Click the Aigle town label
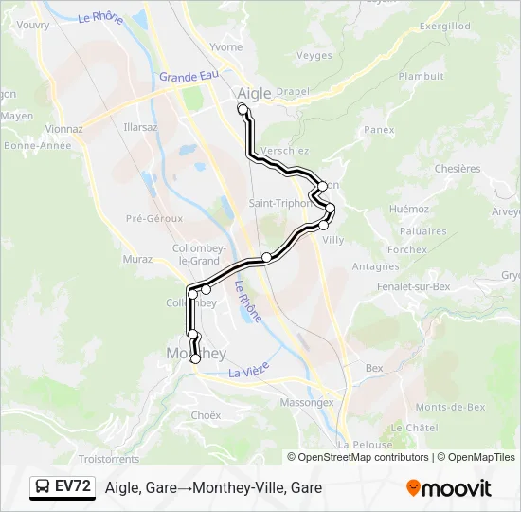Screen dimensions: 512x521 pos(253,93)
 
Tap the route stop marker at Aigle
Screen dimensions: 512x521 pos(243,110)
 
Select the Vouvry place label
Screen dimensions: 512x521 pos(33,25)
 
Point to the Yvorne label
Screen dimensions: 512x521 pos(225,46)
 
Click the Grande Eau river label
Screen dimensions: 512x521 pos(189,76)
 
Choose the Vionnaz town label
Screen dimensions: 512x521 pos(63,129)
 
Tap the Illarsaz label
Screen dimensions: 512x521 pos(140,126)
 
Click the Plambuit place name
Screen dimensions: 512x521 pos(421,76)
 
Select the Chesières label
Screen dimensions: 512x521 pos(457,168)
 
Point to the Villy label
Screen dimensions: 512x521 pos(333,240)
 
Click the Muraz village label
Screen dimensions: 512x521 pos(137,258)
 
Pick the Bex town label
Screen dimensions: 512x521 pos(374,368)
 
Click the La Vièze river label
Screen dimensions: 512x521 pos(250,373)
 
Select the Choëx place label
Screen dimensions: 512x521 pos(206,414)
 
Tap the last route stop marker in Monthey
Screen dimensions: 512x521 pos(196,358)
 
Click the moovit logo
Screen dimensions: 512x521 pos(449,488)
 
